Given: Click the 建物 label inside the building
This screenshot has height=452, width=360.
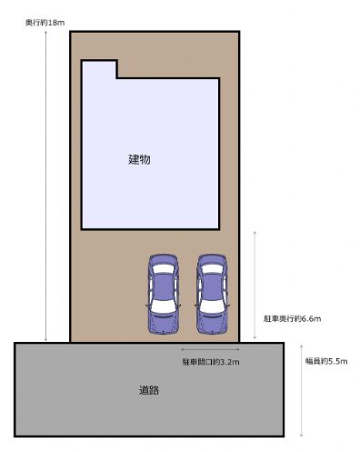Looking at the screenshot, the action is tap(139, 159).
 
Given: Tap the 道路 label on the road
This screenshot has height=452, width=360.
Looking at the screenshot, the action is tap(149, 390).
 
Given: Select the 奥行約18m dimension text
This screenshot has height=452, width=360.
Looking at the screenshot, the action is tap(45, 23).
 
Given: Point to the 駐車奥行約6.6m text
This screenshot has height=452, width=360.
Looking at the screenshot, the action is tap(292, 318).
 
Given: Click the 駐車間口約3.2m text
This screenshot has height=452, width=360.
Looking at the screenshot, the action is tap(211, 362).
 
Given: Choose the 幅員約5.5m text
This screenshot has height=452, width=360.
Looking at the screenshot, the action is tap(326, 361).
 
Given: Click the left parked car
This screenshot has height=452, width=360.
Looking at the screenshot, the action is tap(164, 294).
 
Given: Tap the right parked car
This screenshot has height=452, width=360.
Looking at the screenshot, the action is tap(212, 294).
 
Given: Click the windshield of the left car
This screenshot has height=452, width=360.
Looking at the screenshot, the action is tap(164, 307).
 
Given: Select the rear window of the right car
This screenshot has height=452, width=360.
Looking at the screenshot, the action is tap(212, 268).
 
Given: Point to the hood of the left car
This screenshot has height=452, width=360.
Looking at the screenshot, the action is tap(164, 324).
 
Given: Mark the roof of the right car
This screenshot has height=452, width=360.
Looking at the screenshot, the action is tap(212, 286).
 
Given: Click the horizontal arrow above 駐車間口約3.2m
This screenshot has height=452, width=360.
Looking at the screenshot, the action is tap(210, 349).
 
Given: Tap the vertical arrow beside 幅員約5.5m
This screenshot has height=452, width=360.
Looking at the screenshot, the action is tap(301, 390).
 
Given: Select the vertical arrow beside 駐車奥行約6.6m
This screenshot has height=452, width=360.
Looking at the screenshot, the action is tap(255, 285).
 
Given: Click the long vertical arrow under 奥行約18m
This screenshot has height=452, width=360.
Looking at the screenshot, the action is tap(45, 186).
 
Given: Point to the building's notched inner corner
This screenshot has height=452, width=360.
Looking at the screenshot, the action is tap(116, 78).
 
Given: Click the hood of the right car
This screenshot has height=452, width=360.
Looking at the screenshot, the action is tap(212, 324).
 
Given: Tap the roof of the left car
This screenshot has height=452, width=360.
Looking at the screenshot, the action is tap(164, 286).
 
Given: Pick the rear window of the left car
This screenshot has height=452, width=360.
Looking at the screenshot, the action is tap(164, 268).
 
